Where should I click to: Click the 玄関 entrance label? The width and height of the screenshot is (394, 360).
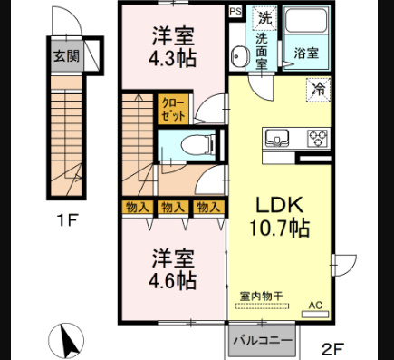pyautogui.click(x=64, y=56)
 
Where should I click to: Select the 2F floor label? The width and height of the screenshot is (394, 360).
pyautogui.click(x=334, y=346)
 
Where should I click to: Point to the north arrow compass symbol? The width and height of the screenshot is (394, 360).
pyautogui.click(x=68, y=340)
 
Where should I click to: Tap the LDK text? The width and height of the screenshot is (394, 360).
pyautogui.click(x=275, y=204)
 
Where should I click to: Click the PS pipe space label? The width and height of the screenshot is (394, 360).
pyautogui.click(x=235, y=12)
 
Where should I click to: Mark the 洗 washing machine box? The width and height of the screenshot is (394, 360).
pyautogui.click(x=264, y=17)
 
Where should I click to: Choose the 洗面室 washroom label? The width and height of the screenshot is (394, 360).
pyautogui.click(x=260, y=53)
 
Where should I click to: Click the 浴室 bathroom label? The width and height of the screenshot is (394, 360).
pyautogui.click(x=306, y=54)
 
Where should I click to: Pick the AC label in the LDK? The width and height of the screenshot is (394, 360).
pyautogui.click(x=315, y=305)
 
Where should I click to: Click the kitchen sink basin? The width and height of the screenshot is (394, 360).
pyautogui.click(x=277, y=139)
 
